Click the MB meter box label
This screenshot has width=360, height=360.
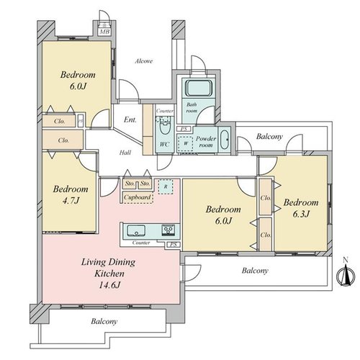click(104, 32)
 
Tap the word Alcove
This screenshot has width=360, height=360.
click(144, 61)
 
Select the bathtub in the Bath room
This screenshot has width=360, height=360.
click(199, 88)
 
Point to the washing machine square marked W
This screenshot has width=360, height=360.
click(185, 143)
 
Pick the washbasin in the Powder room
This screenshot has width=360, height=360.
click(225, 140)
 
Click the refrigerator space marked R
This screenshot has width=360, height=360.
click(166, 186)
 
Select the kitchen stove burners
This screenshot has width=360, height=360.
click(168, 230)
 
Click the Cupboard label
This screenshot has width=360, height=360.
click(138, 197)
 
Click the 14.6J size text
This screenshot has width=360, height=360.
click(109, 285)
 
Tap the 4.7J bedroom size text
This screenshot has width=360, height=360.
click(71, 201)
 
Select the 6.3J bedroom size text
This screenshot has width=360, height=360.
click(301, 214)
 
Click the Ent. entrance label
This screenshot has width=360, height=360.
click(130, 120)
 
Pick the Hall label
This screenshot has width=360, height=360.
click(125, 153)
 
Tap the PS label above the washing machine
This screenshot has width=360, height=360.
click(184, 129)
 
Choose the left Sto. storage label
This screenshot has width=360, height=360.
click(130, 184)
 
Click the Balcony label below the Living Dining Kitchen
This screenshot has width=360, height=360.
click(104, 321)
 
